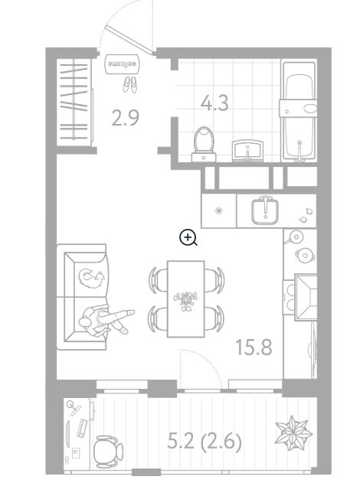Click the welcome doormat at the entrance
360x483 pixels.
(122, 64)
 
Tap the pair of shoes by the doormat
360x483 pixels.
(129, 84)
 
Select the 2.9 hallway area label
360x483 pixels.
(125, 118)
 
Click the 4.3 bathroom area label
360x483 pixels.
(214, 103)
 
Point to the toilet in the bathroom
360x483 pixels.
(204, 144)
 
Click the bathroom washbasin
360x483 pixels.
(248, 151)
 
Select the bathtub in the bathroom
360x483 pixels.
(299, 112)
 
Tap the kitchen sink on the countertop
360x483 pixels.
(265, 210)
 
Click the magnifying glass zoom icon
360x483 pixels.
(188, 238)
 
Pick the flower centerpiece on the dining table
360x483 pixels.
(185, 300)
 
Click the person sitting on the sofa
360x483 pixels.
(106, 321)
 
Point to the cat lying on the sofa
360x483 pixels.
(92, 277)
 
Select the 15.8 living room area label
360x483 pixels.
(254, 347)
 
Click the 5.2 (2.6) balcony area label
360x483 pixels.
(205, 442)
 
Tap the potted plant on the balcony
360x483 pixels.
(293, 432)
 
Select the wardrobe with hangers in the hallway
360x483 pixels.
(74, 102)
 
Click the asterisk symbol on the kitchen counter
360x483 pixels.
(219, 210)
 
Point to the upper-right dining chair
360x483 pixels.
(214, 280)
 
